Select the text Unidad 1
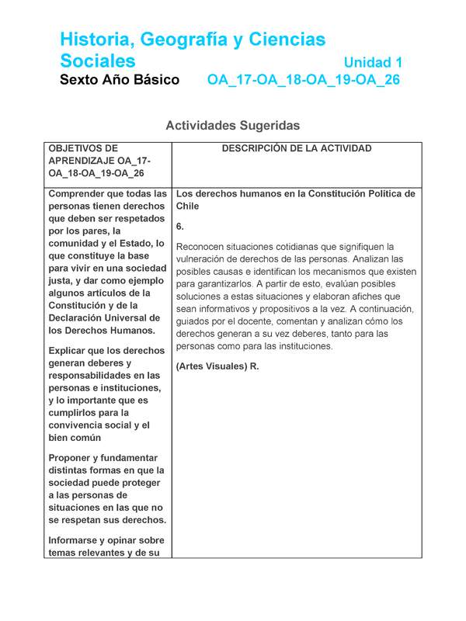pyautogui.click(x=372, y=61)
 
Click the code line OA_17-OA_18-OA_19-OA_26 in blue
pyautogui.click(x=303, y=80)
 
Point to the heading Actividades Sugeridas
pyautogui.click(x=232, y=125)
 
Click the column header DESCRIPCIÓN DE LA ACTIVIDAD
pyautogui.click(x=297, y=148)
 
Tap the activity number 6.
pyautogui.click(x=179, y=227)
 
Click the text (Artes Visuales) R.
pyautogui.click(x=217, y=366)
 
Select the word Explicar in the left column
pyautogui.click(x=69, y=350)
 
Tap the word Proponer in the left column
pyautogui.click(x=72, y=457)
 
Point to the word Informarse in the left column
pyautogui.click(x=76, y=540)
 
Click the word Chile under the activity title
pyautogui.click(x=188, y=206)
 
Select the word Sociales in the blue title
pyautogui.click(x=98, y=61)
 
